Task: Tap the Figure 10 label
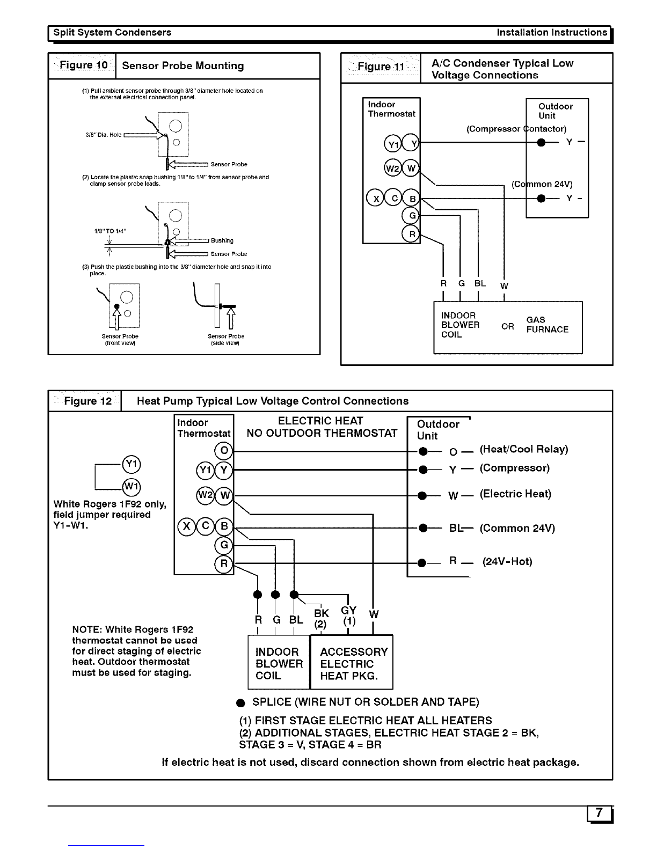coord(83,65)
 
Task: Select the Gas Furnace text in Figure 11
coord(547,325)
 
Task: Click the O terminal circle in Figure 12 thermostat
coord(224,451)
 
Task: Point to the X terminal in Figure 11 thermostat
coord(375,199)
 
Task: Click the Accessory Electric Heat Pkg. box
coord(352,662)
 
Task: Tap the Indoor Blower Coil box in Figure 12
coord(279,662)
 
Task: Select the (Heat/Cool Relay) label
coord(524,449)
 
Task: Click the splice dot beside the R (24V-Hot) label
coord(422,563)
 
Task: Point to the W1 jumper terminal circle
coord(132,487)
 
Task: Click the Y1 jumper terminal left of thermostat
coord(132,464)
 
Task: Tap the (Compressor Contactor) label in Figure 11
coord(516,129)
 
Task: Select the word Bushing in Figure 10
coord(222,240)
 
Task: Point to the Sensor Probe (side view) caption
coord(226,340)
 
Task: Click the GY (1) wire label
coord(349,615)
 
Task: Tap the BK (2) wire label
coord(322,618)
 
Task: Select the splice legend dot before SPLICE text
coord(240,703)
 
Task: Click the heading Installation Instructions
coord(552,33)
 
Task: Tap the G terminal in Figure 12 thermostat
coord(224,545)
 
